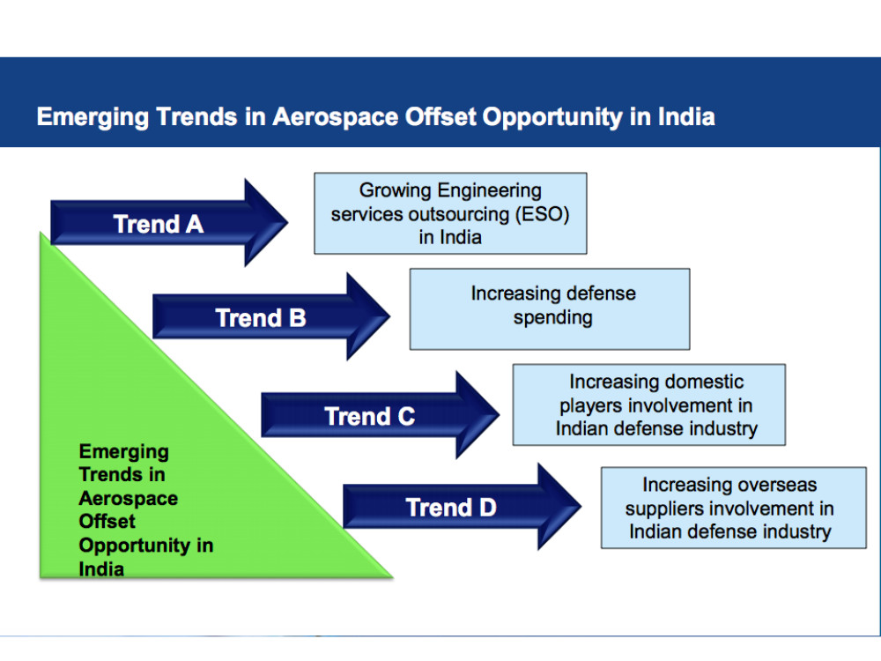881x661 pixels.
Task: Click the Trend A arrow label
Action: (x=159, y=224)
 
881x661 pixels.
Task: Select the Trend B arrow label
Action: (x=261, y=318)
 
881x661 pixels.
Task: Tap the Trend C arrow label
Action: (x=370, y=417)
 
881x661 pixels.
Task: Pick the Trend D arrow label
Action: (x=451, y=508)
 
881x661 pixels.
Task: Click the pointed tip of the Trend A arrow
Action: (x=288, y=223)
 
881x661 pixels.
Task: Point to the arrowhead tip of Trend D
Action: (x=581, y=507)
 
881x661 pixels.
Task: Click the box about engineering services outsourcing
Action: (x=450, y=213)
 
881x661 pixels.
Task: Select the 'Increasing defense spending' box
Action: (x=550, y=309)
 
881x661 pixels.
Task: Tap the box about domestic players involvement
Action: (x=649, y=405)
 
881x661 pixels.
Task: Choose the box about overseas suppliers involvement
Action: (x=734, y=508)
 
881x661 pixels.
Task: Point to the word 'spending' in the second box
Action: (x=553, y=318)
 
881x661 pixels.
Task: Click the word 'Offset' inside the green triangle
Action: (x=107, y=521)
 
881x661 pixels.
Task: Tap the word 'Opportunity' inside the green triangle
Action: (x=134, y=546)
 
